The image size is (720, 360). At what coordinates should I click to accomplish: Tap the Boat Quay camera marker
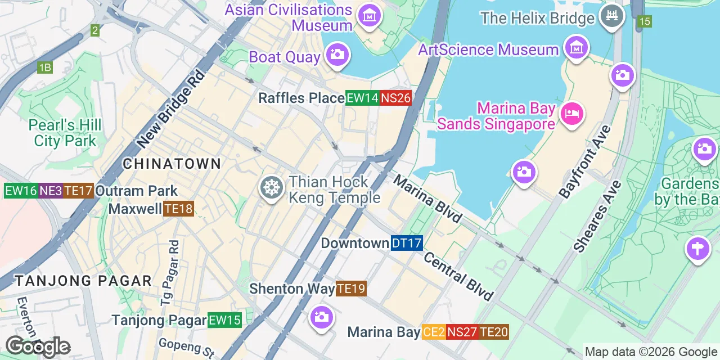click(337, 55)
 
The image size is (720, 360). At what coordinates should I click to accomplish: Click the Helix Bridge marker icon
click(611, 16)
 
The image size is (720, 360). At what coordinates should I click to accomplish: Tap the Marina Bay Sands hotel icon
click(571, 114)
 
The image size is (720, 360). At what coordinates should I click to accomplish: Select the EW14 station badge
click(362, 98)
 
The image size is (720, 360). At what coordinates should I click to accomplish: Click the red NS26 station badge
click(395, 98)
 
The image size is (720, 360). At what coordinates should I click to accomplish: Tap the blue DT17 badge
click(406, 243)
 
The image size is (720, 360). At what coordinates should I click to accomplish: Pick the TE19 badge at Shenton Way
click(351, 289)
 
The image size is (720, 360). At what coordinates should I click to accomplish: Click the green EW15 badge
click(224, 320)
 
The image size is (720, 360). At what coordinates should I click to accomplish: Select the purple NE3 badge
click(51, 191)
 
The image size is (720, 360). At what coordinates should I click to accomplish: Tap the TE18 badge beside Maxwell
click(178, 209)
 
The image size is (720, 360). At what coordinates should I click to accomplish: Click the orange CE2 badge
click(434, 332)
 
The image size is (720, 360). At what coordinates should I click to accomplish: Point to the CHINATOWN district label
click(172, 164)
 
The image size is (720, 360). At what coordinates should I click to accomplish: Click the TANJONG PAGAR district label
click(83, 280)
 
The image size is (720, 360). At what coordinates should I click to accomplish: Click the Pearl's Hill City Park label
click(65, 132)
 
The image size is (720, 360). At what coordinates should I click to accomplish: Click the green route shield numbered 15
click(645, 21)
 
